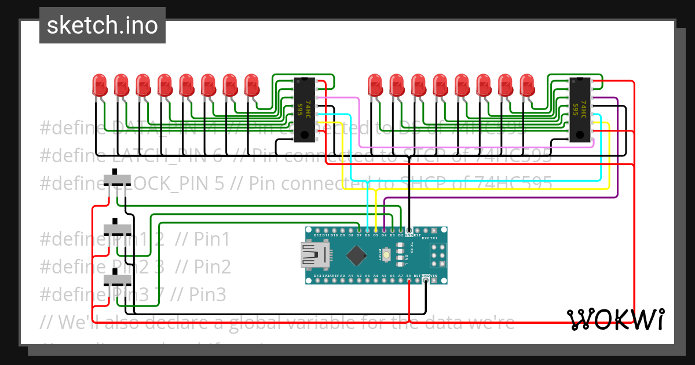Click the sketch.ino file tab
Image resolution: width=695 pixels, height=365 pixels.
click(103, 25)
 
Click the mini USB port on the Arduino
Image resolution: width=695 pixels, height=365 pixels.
click(313, 256)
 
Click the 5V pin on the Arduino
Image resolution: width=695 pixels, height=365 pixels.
click(409, 281)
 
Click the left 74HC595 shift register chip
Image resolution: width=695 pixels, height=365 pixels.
click(305, 110)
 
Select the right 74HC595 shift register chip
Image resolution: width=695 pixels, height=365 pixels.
click(579, 110)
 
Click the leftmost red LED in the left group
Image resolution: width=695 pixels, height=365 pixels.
click(99, 85)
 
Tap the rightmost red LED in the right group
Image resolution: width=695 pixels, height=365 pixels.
click(526, 85)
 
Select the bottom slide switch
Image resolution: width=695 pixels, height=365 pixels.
click(118, 280)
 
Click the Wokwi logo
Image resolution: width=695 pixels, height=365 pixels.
click(616, 319)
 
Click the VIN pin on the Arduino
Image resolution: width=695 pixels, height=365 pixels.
click(434, 281)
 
